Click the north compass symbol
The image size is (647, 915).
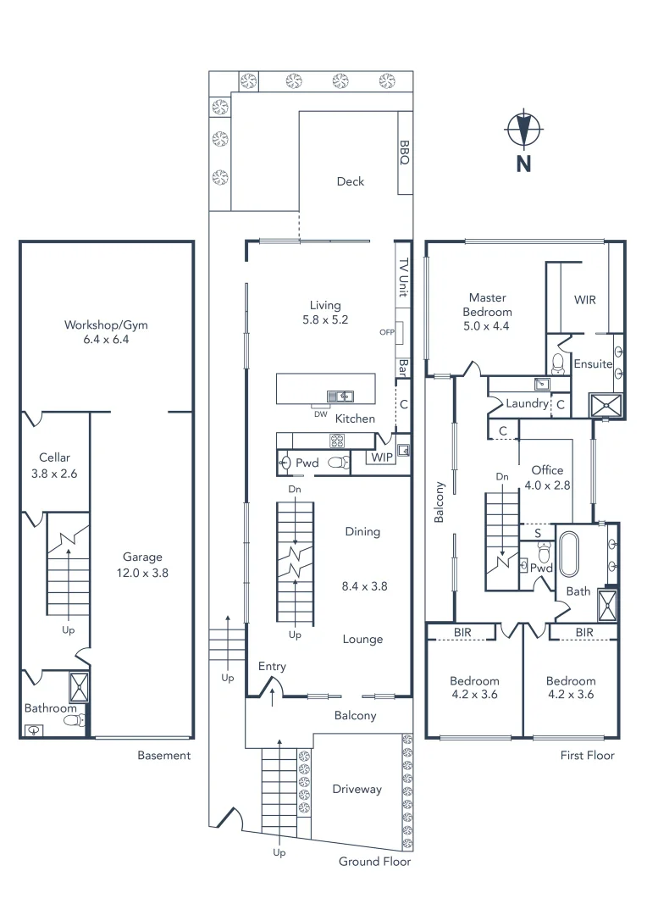tap(523, 131)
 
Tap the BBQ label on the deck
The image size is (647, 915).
tap(404, 153)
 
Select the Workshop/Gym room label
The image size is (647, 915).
tap(107, 331)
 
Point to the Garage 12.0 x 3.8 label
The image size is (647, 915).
tap(142, 564)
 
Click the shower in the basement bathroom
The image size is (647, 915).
tap(78, 687)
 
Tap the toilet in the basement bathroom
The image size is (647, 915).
tap(74, 720)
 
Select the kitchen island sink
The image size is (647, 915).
tap(340, 396)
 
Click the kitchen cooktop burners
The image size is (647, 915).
tap(336, 440)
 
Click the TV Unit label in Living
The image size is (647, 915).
tap(404, 277)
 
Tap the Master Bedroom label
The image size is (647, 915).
tap(488, 304)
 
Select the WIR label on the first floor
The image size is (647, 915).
tap(585, 300)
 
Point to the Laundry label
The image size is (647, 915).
tap(527, 403)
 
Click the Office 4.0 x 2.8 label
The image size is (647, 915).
tap(547, 478)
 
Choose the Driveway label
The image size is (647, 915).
tap(357, 789)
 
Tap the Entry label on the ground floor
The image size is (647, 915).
tap(272, 667)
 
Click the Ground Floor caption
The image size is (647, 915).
tap(374, 862)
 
